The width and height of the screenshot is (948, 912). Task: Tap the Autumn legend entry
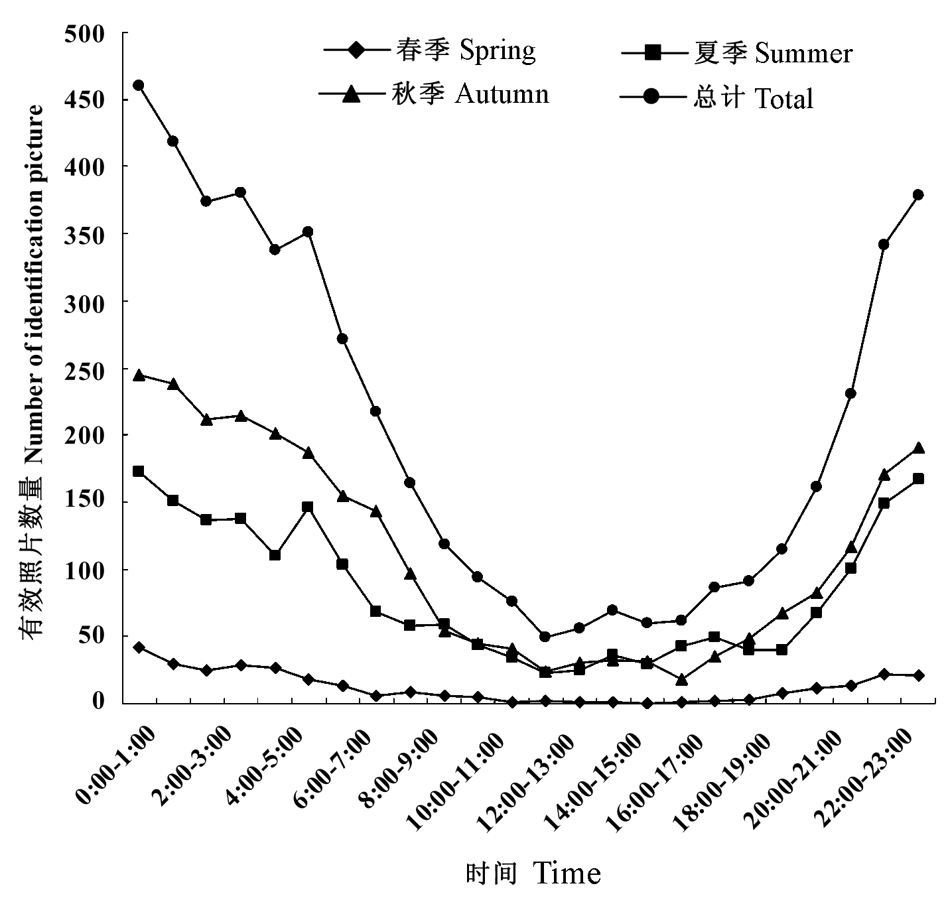(434, 94)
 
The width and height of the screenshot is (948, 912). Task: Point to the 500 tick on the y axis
(86, 33)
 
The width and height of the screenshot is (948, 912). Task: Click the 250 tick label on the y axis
(86, 368)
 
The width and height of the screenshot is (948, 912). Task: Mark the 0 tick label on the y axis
(100, 702)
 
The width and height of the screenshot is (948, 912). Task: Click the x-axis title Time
(533, 874)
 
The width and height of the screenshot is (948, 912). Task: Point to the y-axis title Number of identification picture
(33, 371)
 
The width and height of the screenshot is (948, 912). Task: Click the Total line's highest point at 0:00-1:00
(139, 86)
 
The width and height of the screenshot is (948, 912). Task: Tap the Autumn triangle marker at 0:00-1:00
(139, 375)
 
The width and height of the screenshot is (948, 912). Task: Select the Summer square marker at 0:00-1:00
(139, 472)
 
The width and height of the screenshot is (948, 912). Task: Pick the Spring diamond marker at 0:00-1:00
(139, 647)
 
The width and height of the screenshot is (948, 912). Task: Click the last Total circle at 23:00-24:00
(918, 195)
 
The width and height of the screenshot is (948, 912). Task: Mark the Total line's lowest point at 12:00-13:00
(545, 637)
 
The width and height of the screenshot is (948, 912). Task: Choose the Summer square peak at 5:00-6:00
(308, 507)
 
